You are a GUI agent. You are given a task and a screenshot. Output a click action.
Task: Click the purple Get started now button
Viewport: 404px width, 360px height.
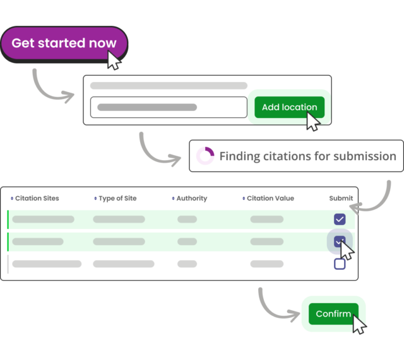pos(63,44)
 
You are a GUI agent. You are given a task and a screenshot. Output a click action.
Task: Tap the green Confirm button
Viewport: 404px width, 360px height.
pos(333,314)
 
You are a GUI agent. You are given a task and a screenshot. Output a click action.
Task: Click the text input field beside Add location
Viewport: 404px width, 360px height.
pos(168,107)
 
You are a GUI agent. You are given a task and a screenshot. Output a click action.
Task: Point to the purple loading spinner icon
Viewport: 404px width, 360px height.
pos(205,156)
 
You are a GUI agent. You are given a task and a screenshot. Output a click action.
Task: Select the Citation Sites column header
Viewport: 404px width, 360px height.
pos(37,198)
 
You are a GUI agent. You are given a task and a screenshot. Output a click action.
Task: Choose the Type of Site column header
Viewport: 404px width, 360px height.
pos(117,198)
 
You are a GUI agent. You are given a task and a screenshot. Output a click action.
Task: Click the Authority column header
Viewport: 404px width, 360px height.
pos(191,198)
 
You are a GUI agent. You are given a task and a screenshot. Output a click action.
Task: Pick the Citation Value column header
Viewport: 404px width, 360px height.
pos(270,198)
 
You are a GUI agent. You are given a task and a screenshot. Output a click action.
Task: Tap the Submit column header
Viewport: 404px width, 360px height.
pos(341,198)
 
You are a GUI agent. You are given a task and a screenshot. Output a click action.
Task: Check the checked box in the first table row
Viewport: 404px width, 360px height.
pos(340,219)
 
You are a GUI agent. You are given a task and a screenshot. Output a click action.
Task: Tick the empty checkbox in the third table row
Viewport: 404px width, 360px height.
pos(340,264)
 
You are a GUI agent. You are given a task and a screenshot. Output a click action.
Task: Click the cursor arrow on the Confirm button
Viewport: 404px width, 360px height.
pos(359,325)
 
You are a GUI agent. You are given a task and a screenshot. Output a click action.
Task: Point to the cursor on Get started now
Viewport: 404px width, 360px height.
pos(114,61)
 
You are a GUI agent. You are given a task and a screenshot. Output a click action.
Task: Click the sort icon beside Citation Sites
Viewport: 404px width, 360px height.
pos(12,199)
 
